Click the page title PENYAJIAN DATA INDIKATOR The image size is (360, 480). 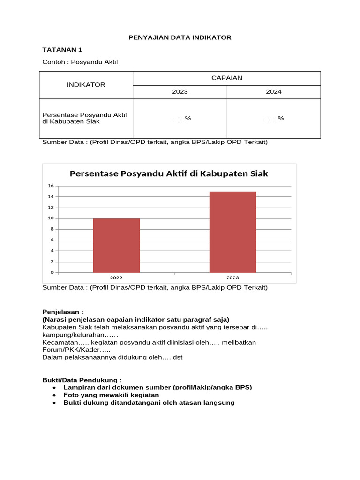(x=180, y=37)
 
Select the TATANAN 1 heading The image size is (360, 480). (x=62, y=50)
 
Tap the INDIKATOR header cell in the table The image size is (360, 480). (x=86, y=85)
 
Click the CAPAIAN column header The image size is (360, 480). (x=227, y=78)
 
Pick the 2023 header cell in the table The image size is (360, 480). (x=180, y=92)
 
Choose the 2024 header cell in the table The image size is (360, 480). (x=274, y=92)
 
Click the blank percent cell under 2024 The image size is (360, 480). (x=274, y=118)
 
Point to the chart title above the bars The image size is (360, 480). (x=169, y=173)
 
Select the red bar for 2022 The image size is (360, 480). (x=116, y=245)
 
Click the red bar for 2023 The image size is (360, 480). (x=232, y=232)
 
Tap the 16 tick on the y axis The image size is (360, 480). (x=51, y=186)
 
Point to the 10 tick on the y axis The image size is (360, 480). (x=51, y=218)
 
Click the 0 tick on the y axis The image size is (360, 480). (x=52, y=272)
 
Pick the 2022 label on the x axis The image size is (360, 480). (x=116, y=278)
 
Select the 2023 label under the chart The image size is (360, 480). (x=232, y=278)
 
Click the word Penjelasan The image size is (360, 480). (x=61, y=312)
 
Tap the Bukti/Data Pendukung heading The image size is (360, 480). (x=82, y=379)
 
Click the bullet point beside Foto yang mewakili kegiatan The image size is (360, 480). (x=54, y=395)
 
